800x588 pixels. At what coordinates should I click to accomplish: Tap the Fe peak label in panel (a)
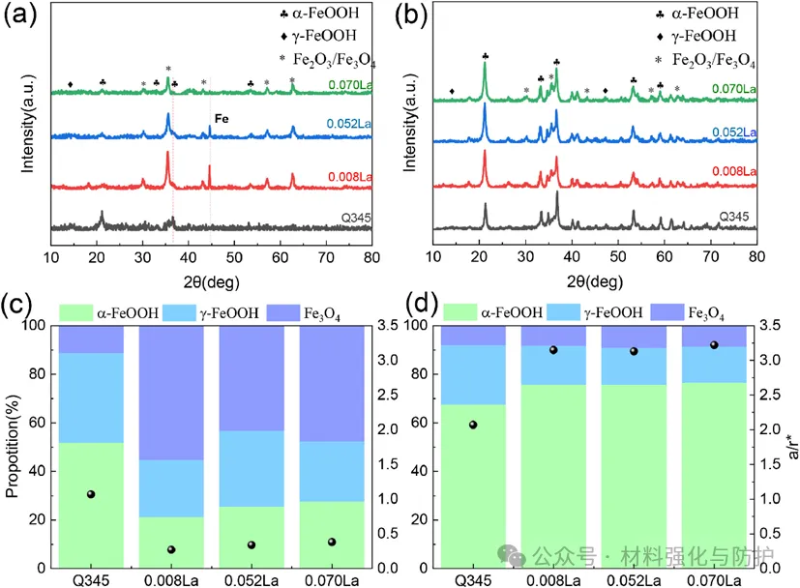[x=222, y=120]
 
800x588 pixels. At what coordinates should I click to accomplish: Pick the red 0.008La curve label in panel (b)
[x=737, y=172]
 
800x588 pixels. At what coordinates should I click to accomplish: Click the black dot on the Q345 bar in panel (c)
[x=91, y=494]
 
